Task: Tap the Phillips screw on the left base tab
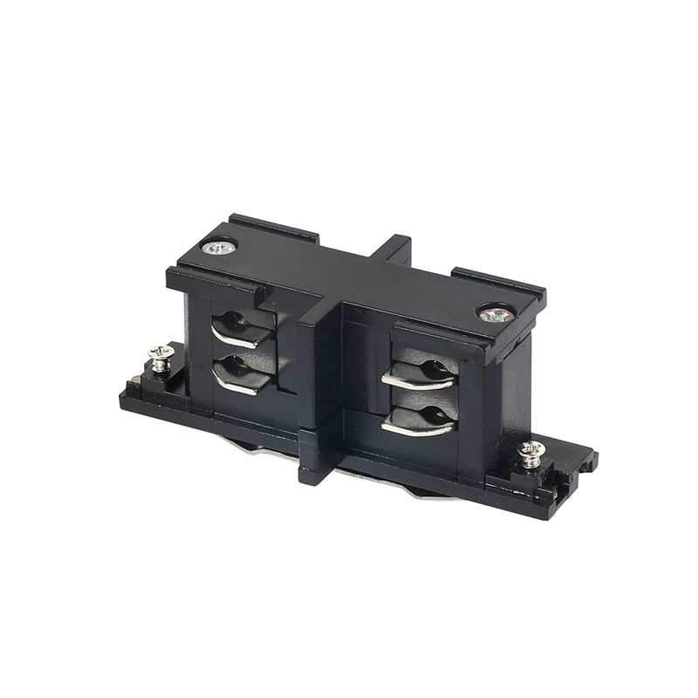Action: click(160, 353)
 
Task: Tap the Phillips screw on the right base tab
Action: click(530, 451)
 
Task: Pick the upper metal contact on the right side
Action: click(420, 377)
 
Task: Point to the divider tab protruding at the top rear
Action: click(397, 248)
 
